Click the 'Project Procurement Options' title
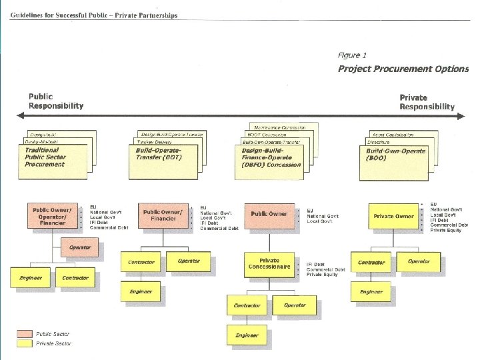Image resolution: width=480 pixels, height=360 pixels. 403,69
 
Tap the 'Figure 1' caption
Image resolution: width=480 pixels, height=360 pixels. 352,55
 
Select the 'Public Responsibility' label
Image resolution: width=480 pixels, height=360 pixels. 56,101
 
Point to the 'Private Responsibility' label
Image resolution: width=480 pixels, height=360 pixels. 427,101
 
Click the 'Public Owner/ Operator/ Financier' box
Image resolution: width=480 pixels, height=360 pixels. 53,216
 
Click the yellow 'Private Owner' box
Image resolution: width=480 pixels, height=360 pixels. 393,216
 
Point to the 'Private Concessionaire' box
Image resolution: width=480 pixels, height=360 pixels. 269,264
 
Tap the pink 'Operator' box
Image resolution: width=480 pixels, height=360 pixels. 81,248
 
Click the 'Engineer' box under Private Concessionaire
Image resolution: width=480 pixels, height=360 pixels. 247,335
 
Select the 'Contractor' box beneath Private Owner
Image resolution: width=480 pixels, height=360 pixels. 371,262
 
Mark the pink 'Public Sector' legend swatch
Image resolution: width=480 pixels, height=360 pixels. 25,334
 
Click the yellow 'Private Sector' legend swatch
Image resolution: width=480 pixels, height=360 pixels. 25,343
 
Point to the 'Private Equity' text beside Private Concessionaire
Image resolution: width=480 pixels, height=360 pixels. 322,275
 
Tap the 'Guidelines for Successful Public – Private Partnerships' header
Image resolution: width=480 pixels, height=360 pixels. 94,15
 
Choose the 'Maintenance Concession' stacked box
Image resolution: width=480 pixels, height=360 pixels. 280,127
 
